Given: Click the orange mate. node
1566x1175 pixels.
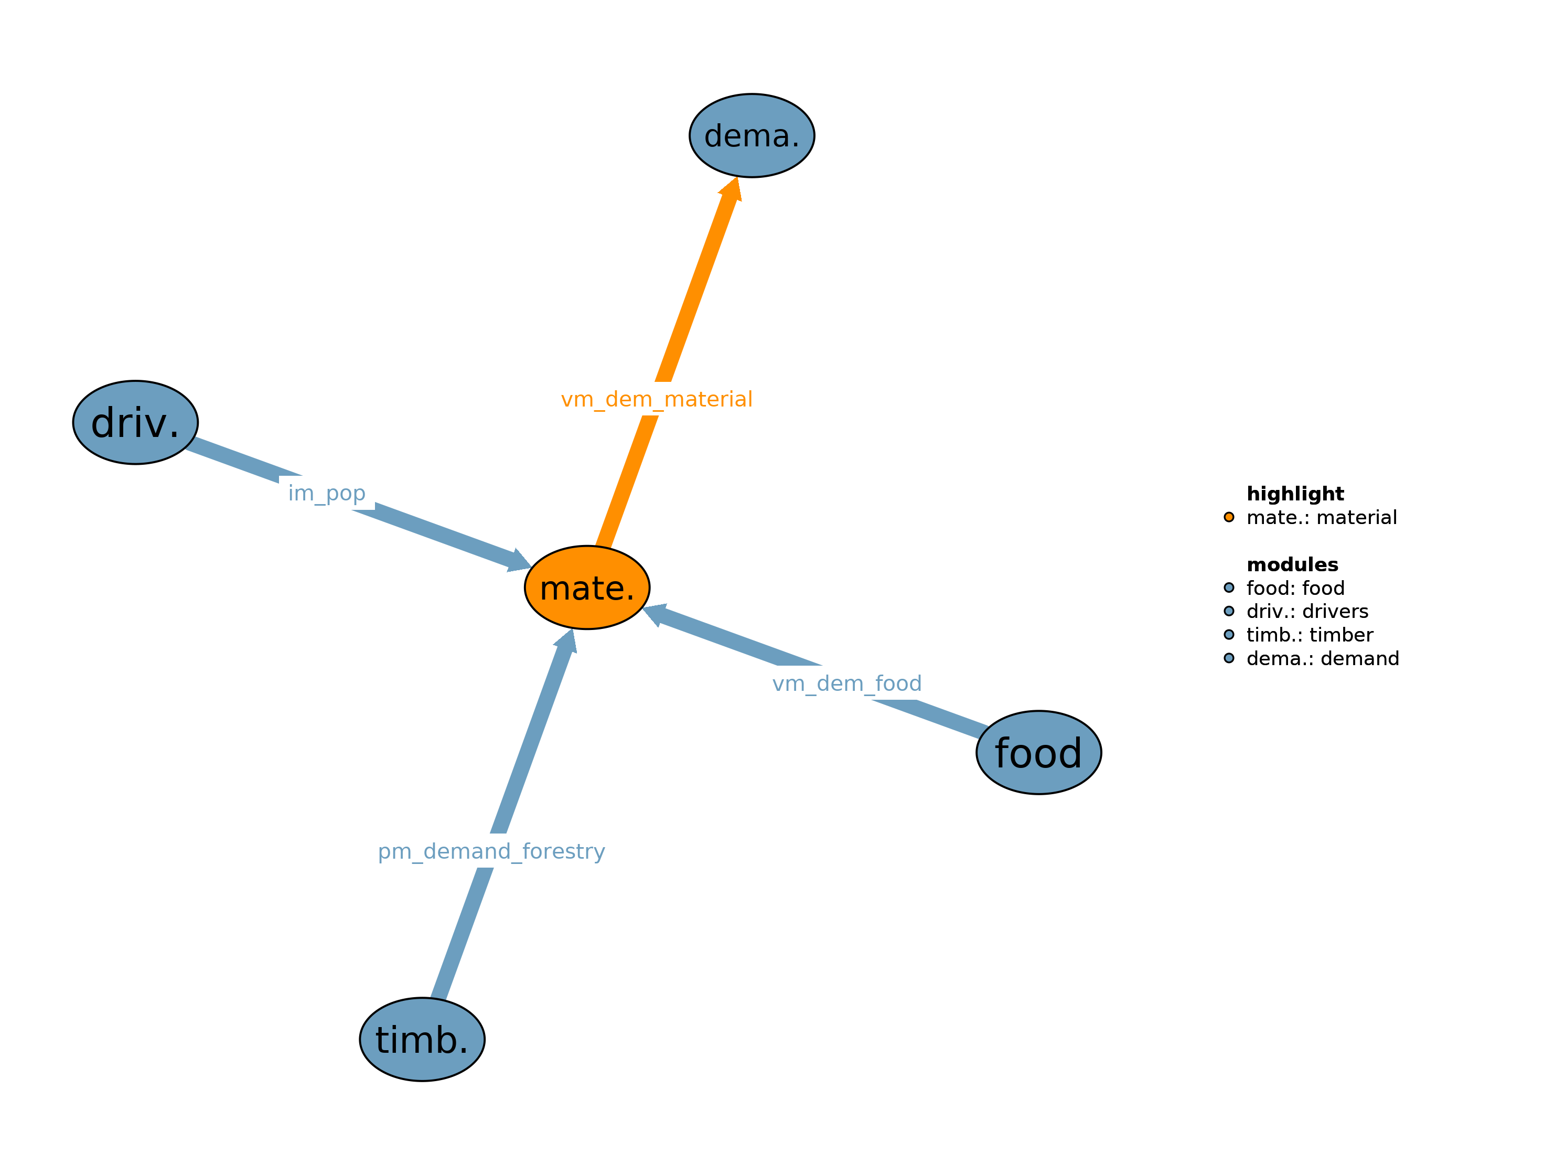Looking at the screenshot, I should [587, 587].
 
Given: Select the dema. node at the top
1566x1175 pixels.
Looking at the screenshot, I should [752, 135].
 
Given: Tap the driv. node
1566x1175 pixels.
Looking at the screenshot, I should [135, 423].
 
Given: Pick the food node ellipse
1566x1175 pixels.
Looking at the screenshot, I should [1038, 753].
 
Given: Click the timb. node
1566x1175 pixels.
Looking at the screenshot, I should [422, 1040].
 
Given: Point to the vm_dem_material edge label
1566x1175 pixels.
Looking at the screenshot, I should [656, 400].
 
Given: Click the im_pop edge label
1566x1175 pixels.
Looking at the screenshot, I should [326, 493].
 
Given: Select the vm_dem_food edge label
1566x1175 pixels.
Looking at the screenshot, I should [846, 683].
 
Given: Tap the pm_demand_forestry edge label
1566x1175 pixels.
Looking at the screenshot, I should [491, 851].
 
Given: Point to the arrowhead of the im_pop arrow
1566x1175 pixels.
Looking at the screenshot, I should [520, 561].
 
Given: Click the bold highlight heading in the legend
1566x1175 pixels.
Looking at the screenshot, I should [1295, 494].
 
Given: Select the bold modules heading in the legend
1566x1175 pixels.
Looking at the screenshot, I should [1292, 564].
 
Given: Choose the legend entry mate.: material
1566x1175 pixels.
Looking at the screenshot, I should [1321, 518].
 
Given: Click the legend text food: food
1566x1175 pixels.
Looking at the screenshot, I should [1295, 588].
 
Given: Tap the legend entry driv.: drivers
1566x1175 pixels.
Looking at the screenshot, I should [1307, 611].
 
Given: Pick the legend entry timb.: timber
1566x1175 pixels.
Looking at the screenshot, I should [1309, 635].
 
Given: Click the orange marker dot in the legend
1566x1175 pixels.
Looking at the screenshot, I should [1229, 517].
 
